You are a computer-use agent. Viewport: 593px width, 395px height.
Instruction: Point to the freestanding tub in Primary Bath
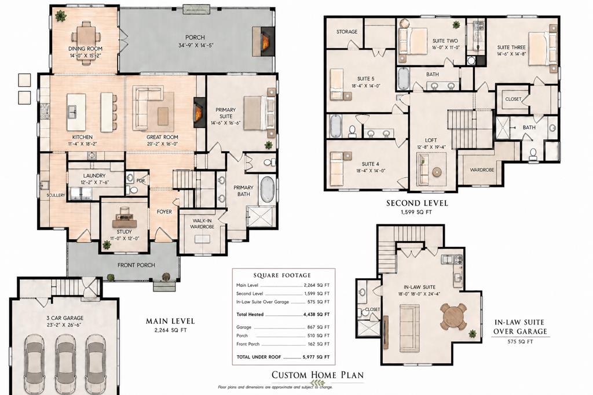[266, 190]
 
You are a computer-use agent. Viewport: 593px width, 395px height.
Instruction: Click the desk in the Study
[125, 220]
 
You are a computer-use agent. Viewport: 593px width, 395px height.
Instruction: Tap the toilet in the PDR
[133, 189]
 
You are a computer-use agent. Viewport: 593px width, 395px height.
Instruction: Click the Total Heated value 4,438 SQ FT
[316, 315]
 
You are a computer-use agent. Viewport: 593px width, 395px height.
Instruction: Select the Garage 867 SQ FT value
[316, 327]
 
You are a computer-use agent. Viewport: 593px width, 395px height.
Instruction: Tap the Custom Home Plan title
[318, 375]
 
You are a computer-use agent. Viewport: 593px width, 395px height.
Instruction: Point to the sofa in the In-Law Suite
[409, 328]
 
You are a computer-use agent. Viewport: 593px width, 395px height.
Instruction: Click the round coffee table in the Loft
[436, 172]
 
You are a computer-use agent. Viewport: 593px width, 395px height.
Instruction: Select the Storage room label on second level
[347, 32]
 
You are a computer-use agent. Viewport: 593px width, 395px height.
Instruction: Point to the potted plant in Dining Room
[60, 16]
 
